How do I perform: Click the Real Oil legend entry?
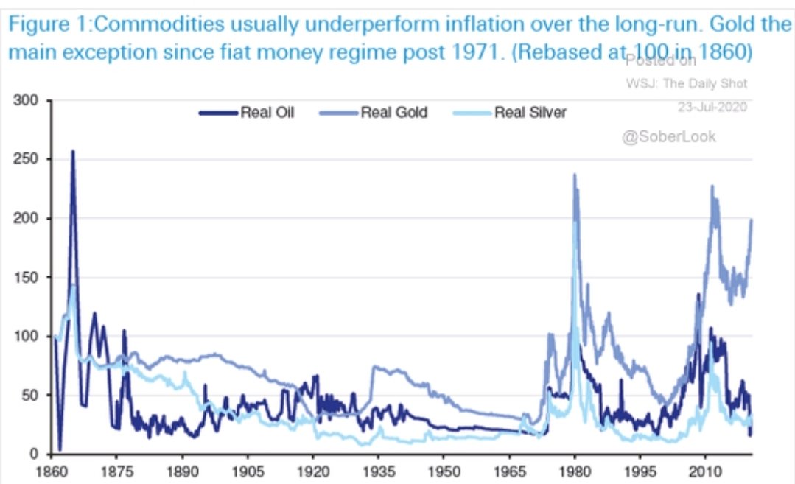pos(246,113)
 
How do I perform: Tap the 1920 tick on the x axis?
pos(312,469)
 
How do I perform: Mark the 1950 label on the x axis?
pos(443,469)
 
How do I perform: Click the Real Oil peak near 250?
pos(72,152)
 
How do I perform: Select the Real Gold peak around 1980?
pos(574,175)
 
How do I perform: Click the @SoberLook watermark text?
pos(668,136)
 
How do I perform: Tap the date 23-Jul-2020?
pos(712,107)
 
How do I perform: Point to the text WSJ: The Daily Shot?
pos(686,83)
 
